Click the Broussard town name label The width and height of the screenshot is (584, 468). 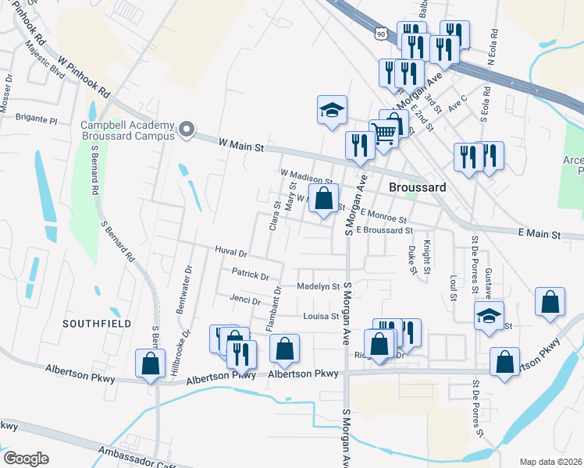[417, 188]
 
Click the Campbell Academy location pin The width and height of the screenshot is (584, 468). [186, 129]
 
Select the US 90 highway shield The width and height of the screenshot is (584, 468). [380, 34]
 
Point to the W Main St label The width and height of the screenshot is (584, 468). [242, 145]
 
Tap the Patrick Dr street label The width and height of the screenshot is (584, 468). [250, 275]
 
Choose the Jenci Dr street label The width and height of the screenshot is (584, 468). [245, 300]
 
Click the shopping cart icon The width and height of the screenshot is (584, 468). [383, 133]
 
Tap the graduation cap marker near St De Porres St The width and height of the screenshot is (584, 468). [489, 316]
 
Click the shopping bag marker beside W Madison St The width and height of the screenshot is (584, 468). [324, 198]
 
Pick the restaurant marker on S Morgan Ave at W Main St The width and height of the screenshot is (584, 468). [360, 145]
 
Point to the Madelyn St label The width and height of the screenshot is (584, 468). [319, 287]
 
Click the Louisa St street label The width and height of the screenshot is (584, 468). [321, 317]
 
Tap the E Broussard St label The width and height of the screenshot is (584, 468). [383, 231]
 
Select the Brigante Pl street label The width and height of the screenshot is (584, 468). [37, 120]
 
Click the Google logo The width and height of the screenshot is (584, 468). [26, 459]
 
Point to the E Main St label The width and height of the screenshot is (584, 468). [539, 233]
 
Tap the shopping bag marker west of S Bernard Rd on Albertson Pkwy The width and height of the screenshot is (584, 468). [150, 363]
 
